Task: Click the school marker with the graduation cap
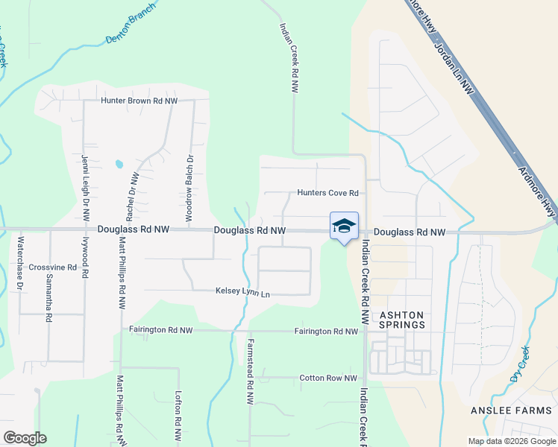point(344,226)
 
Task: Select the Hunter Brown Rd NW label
point(140,101)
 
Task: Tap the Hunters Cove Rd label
point(328,193)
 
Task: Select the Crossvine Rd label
point(53,267)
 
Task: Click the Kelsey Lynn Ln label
point(242,293)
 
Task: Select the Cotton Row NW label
point(328,378)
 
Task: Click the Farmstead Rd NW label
point(250,372)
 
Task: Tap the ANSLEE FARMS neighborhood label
point(512,410)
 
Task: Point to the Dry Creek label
point(520,364)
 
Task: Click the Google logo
point(25,438)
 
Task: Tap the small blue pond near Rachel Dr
point(118,163)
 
